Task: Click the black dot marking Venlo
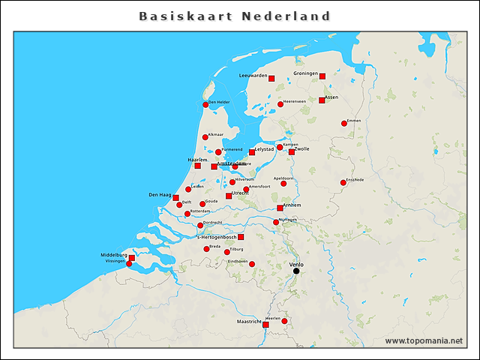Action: tap(295, 271)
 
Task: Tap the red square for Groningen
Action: tap(322, 76)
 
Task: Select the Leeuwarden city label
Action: tap(253, 76)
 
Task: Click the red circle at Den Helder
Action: tap(205, 105)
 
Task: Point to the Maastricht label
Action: tap(249, 322)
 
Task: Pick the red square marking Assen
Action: tap(322, 100)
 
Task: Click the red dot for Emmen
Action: tap(344, 123)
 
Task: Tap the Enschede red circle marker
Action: tap(343, 182)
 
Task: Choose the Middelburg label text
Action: tap(114, 255)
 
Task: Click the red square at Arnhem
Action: tap(280, 208)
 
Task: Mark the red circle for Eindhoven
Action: tap(252, 264)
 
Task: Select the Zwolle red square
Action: tap(292, 152)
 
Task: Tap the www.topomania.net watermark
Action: tap(424, 341)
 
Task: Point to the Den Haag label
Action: tap(160, 195)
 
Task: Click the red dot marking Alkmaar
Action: tap(205, 137)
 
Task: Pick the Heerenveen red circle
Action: tap(280, 104)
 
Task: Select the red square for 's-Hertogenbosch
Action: tap(241, 237)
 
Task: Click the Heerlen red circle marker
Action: tap(284, 321)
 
